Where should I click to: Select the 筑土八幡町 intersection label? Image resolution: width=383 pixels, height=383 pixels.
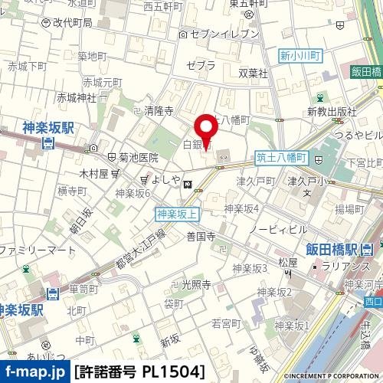(x=280, y=158)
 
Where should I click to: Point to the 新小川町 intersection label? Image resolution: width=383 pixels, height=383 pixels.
(x=298, y=55)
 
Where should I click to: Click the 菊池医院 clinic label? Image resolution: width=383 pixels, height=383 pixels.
(x=138, y=158)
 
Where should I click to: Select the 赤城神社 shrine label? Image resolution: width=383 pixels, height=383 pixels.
(x=77, y=97)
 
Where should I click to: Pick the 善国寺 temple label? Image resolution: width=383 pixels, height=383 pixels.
(x=200, y=237)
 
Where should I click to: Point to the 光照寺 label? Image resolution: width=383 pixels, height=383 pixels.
(x=196, y=284)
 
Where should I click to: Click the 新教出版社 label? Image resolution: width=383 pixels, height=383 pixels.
(x=332, y=112)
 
